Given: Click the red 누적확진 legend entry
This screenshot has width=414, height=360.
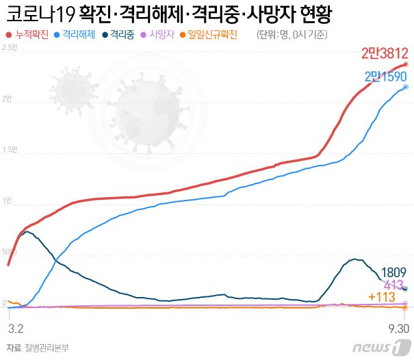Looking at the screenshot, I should [27, 34].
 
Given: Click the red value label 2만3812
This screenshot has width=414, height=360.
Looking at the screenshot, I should [385, 53].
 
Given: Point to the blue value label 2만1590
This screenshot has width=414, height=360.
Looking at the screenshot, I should [387, 76].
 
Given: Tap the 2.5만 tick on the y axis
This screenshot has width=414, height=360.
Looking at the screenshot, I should [10, 47].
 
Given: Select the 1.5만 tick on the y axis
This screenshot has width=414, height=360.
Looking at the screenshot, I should [10, 149].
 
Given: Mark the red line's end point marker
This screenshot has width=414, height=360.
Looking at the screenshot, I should [406, 64].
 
